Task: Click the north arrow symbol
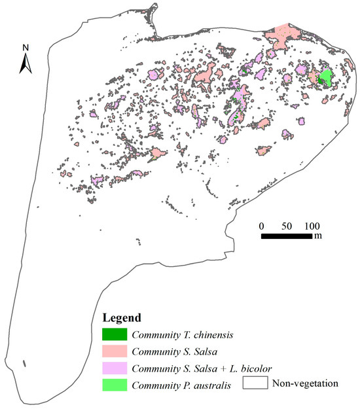(x=25, y=63)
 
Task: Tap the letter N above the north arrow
(x=25, y=47)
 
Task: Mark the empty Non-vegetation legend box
(x=255, y=383)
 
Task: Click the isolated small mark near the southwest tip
(x=24, y=363)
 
